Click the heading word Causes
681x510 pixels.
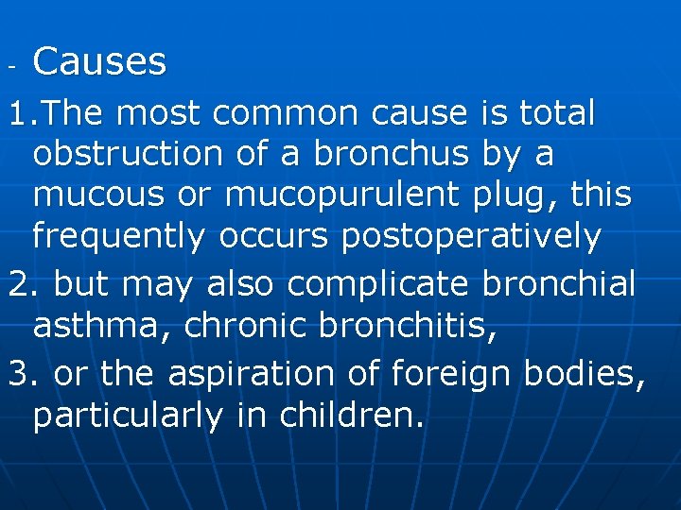[x=100, y=62]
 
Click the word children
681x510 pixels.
[x=353, y=415]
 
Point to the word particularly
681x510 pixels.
[x=131, y=415]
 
